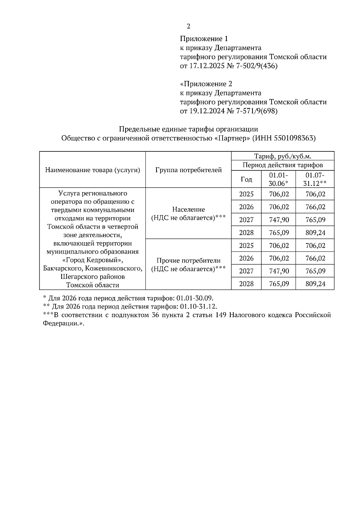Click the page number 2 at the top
pyautogui.click(x=188, y=26)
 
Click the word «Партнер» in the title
pyautogui.click(x=233, y=138)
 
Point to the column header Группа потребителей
pyautogui.click(x=188, y=170)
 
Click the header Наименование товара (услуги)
pyautogui.click(x=93, y=170)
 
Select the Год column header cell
pyautogui.click(x=246, y=179)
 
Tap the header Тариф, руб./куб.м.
pyautogui.click(x=283, y=156)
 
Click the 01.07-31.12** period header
pyautogui.click(x=315, y=179)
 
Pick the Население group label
pyautogui.click(x=188, y=210)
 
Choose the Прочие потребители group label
pyautogui.click(x=188, y=260)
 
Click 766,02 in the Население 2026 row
pyautogui.click(x=315, y=207)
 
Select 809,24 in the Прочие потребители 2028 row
pyautogui.click(x=315, y=284)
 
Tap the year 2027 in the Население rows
pyautogui.click(x=246, y=220)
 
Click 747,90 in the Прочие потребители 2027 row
pyautogui.click(x=279, y=271)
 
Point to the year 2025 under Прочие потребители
pyautogui.click(x=246, y=246)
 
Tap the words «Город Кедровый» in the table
pyautogui.click(x=93, y=260)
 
